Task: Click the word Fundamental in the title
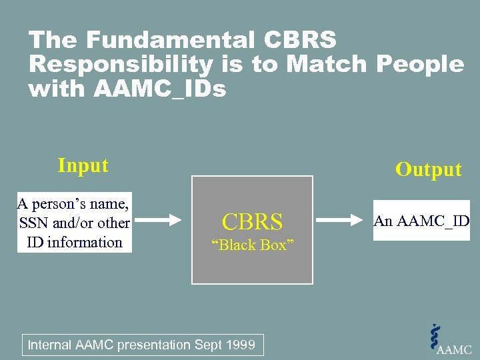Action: pos(169,41)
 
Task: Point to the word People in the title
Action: pos(420,65)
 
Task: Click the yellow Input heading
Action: pos(83,165)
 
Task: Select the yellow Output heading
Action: pos(428,169)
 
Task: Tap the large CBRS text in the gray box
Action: pos(252,221)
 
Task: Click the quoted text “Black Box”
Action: pos(252,245)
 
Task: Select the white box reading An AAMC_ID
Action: pos(421,221)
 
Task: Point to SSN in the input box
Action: pos(35,223)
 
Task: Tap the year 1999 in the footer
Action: pos(240,345)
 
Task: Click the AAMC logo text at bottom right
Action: pos(455,349)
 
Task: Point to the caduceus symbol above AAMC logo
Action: pos(436,335)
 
